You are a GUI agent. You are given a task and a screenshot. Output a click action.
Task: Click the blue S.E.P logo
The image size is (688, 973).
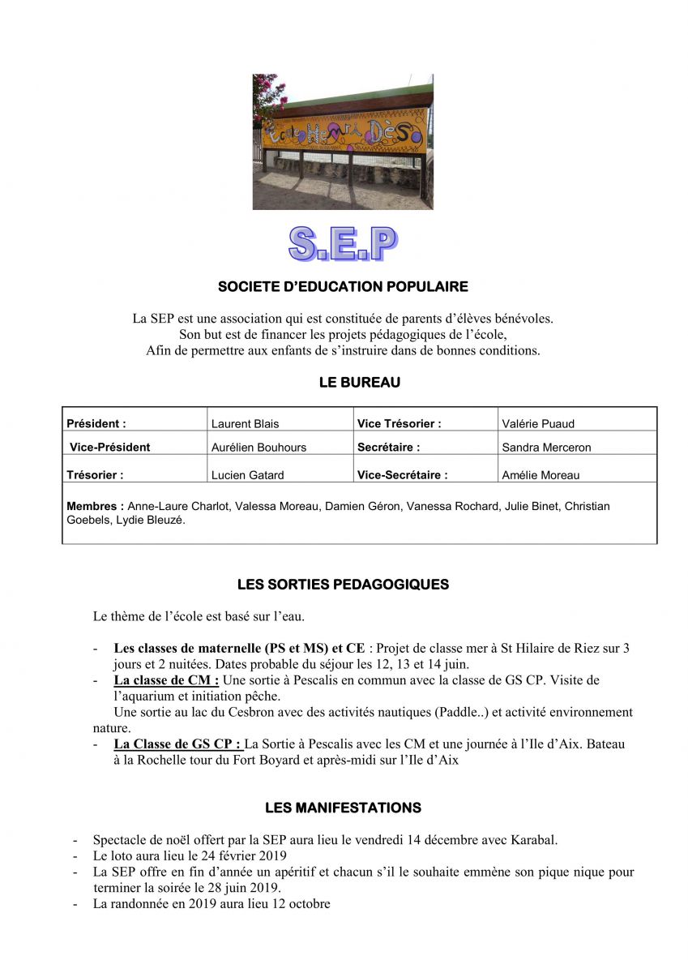click(x=343, y=243)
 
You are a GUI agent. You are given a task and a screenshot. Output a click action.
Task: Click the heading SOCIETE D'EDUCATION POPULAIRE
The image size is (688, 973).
click(x=343, y=286)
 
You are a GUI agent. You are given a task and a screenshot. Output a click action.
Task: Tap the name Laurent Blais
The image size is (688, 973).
click(x=245, y=423)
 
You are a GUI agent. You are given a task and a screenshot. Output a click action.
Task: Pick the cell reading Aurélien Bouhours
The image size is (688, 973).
click(x=259, y=447)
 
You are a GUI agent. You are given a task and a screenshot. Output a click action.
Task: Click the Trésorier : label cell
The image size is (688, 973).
click(x=95, y=475)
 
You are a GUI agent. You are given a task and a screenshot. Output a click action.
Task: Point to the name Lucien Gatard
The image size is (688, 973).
click(x=247, y=475)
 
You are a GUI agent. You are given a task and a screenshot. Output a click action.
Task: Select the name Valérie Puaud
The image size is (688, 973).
click(x=538, y=423)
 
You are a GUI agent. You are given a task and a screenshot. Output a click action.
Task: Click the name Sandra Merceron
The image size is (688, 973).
click(x=546, y=447)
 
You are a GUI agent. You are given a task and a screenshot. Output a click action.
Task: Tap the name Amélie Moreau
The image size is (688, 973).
click(x=541, y=475)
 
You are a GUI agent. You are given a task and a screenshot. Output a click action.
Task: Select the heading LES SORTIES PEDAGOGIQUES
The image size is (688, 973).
click(x=343, y=584)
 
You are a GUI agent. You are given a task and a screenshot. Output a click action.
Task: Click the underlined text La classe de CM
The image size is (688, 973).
click(x=165, y=679)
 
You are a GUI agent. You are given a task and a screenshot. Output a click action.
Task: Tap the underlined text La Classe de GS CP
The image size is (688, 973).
click(x=177, y=744)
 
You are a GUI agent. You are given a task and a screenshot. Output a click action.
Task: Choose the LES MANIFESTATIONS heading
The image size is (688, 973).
click(x=343, y=808)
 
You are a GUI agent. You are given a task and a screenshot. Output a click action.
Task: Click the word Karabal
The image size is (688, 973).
click(x=533, y=839)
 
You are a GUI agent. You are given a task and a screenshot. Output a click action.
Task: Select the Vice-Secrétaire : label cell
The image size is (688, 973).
click(x=402, y=475)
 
